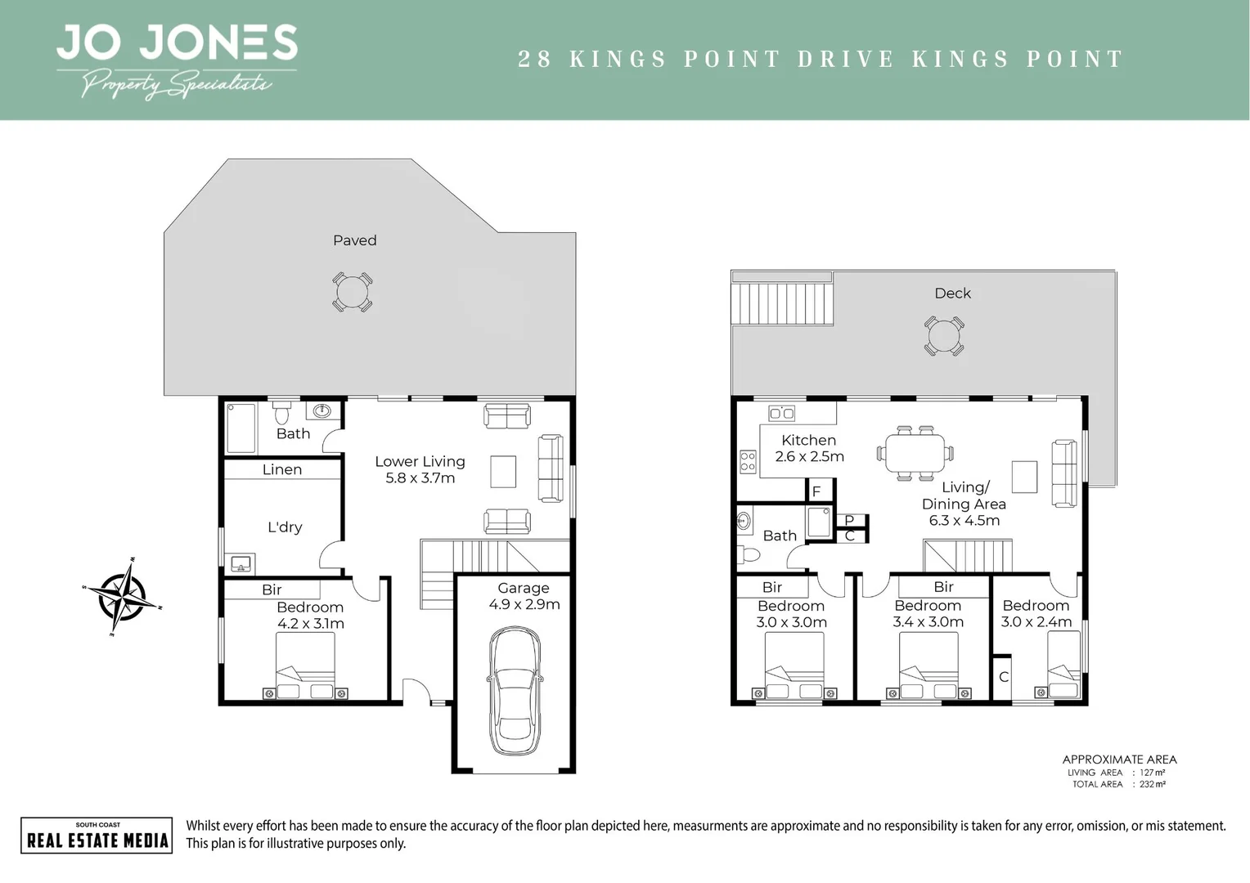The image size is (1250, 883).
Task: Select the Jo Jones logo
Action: (176, 61)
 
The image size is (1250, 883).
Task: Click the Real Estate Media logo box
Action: (97, 835)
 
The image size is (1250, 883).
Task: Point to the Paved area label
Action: (354, 240)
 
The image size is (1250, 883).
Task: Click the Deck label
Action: (952, 293)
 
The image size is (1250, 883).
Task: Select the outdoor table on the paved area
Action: (353, 292)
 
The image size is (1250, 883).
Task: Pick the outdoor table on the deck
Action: (944, 335)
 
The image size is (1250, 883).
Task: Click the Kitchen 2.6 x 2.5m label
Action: (809, 448)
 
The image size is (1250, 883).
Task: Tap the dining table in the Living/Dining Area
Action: (915, 452)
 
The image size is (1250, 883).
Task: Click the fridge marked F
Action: (816, 491)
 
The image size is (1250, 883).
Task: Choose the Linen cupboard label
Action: (282, 469)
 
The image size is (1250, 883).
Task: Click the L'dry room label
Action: (285, 527)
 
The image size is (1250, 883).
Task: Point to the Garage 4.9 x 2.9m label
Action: (524, 596)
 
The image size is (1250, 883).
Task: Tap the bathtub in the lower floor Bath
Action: (241, 427)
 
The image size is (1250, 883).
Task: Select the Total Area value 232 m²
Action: (1152, 784)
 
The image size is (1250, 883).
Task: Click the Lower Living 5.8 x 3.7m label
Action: (420, 469)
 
